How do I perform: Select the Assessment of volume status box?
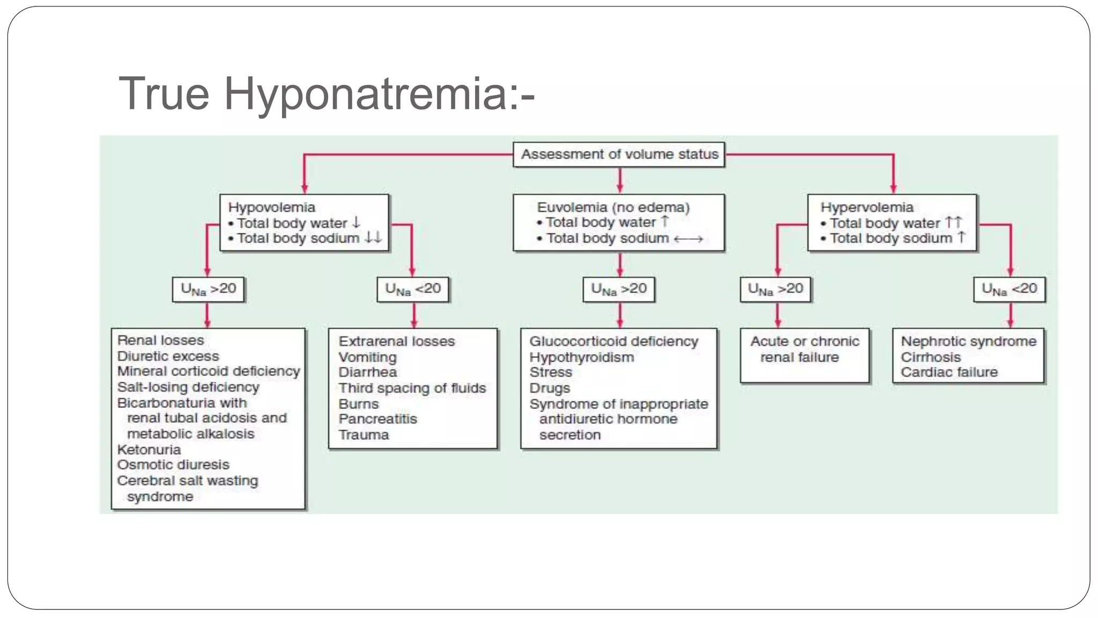(x=619, y=154)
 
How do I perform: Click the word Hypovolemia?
(x=271, y=207)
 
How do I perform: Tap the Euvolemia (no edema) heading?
(x=613, y=207)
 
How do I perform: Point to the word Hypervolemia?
(x=866, y=207)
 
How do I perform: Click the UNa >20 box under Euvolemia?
(x=619, y=289)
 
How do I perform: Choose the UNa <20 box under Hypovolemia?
(x=413, y=289)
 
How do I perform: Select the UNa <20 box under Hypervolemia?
(x=1009, y=289)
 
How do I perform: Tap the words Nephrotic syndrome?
(x=968, y=341)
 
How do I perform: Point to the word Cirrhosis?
(x=930, y=357)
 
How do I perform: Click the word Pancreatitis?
(x=377, y=419)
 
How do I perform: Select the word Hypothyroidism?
(x=581, y=357)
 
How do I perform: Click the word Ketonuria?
(x=149, y=450)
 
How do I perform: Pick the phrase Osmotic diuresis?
(x=173, y=465)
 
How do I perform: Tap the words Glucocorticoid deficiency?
(x=613, y=341)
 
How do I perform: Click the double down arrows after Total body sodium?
(x=373, y=238)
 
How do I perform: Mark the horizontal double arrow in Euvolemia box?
(x=688, y=239)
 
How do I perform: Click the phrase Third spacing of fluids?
(x=412, y=388)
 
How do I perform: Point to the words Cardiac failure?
(x=949, y=372)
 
